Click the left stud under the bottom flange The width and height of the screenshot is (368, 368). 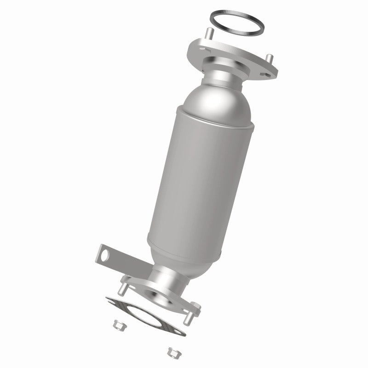[124, 290]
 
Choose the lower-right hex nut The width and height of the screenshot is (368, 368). [173, 352]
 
